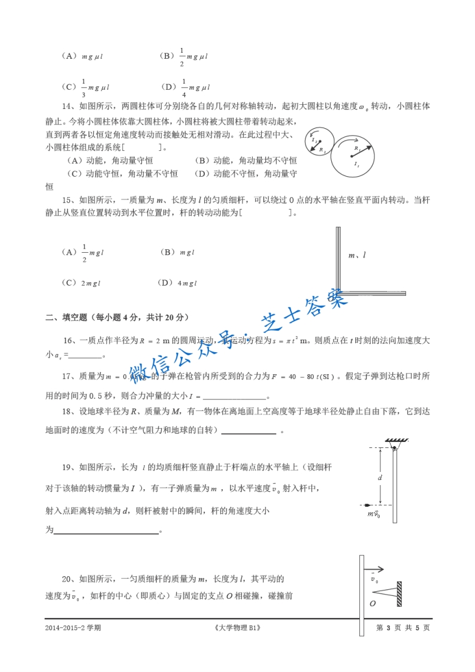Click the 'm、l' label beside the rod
(x=357, y=255)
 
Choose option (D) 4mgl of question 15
(x=177, y=283)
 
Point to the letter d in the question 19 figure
(x=379, y=477)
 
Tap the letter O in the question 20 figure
(x=373, y=603)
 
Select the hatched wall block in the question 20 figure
(x=399, y=589)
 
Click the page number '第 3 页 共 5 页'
(x=403, y=628)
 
